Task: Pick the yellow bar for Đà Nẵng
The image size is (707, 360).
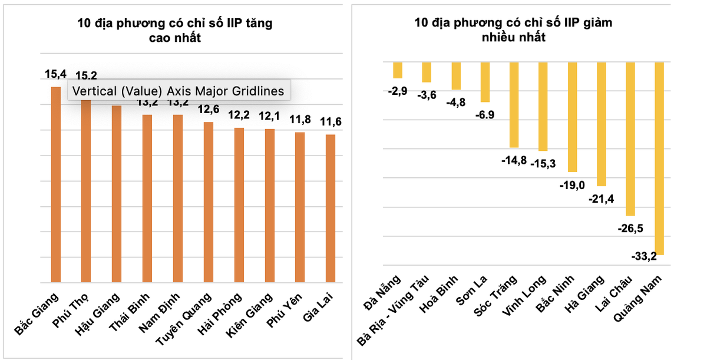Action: [x=398, y=70]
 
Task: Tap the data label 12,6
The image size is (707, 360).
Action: [x=208, y=110]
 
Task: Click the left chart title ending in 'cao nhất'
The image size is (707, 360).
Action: [x=175, y=31]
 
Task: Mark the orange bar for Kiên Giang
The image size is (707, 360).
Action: [x=269, y=206]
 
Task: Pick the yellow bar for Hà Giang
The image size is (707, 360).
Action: [x=602, y=124]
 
